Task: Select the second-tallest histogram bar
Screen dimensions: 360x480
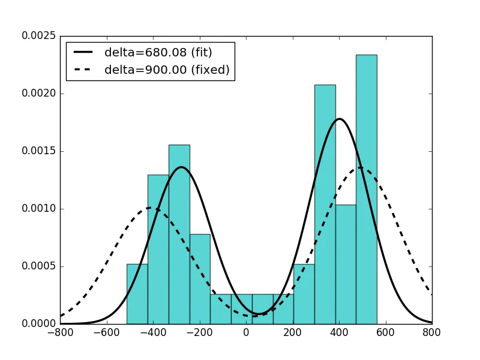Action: click(x=325, y=204)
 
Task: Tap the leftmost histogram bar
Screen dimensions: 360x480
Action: click(x=137, y=294)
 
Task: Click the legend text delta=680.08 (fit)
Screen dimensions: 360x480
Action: click(x=158, y=52)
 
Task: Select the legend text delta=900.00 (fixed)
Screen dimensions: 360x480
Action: click(x=167, y=70)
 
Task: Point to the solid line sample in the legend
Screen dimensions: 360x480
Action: click(x=85, y=52)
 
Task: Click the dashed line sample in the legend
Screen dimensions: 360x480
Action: click(x=85, y=70)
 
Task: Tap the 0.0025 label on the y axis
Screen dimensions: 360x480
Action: click(x=39, y=36)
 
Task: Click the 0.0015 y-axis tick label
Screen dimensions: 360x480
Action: click(x=39, y=151)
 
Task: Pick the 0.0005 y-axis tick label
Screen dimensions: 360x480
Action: click(x=39, y=266)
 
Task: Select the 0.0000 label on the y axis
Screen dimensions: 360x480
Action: click(x=39, y=324)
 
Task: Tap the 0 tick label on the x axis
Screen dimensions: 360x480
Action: click(x=246, y=332)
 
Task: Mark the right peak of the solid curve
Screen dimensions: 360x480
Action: click(x=340, y=119)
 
